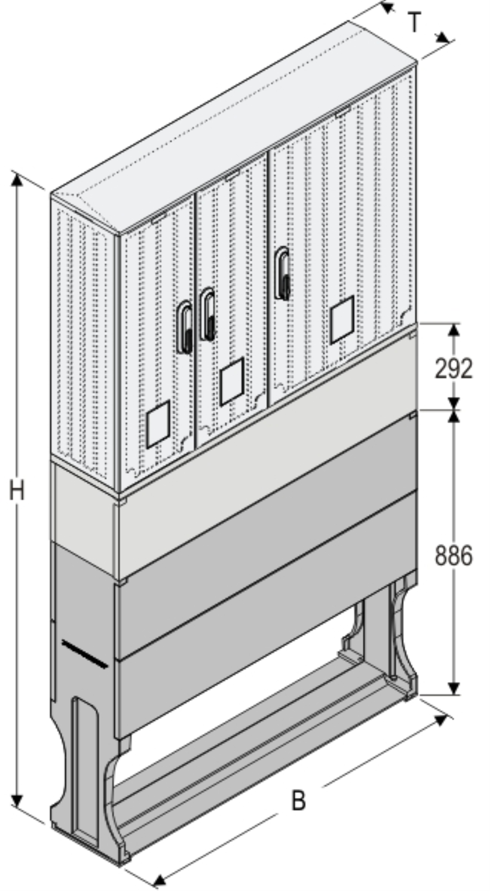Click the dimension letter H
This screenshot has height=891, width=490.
17,490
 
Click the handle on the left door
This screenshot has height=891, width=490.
185,327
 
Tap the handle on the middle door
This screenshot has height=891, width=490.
208,314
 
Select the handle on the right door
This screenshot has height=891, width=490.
282,273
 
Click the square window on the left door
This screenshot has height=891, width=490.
158,424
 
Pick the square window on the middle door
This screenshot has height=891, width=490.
232,382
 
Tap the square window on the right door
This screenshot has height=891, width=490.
342,319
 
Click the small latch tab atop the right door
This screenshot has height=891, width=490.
343,112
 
